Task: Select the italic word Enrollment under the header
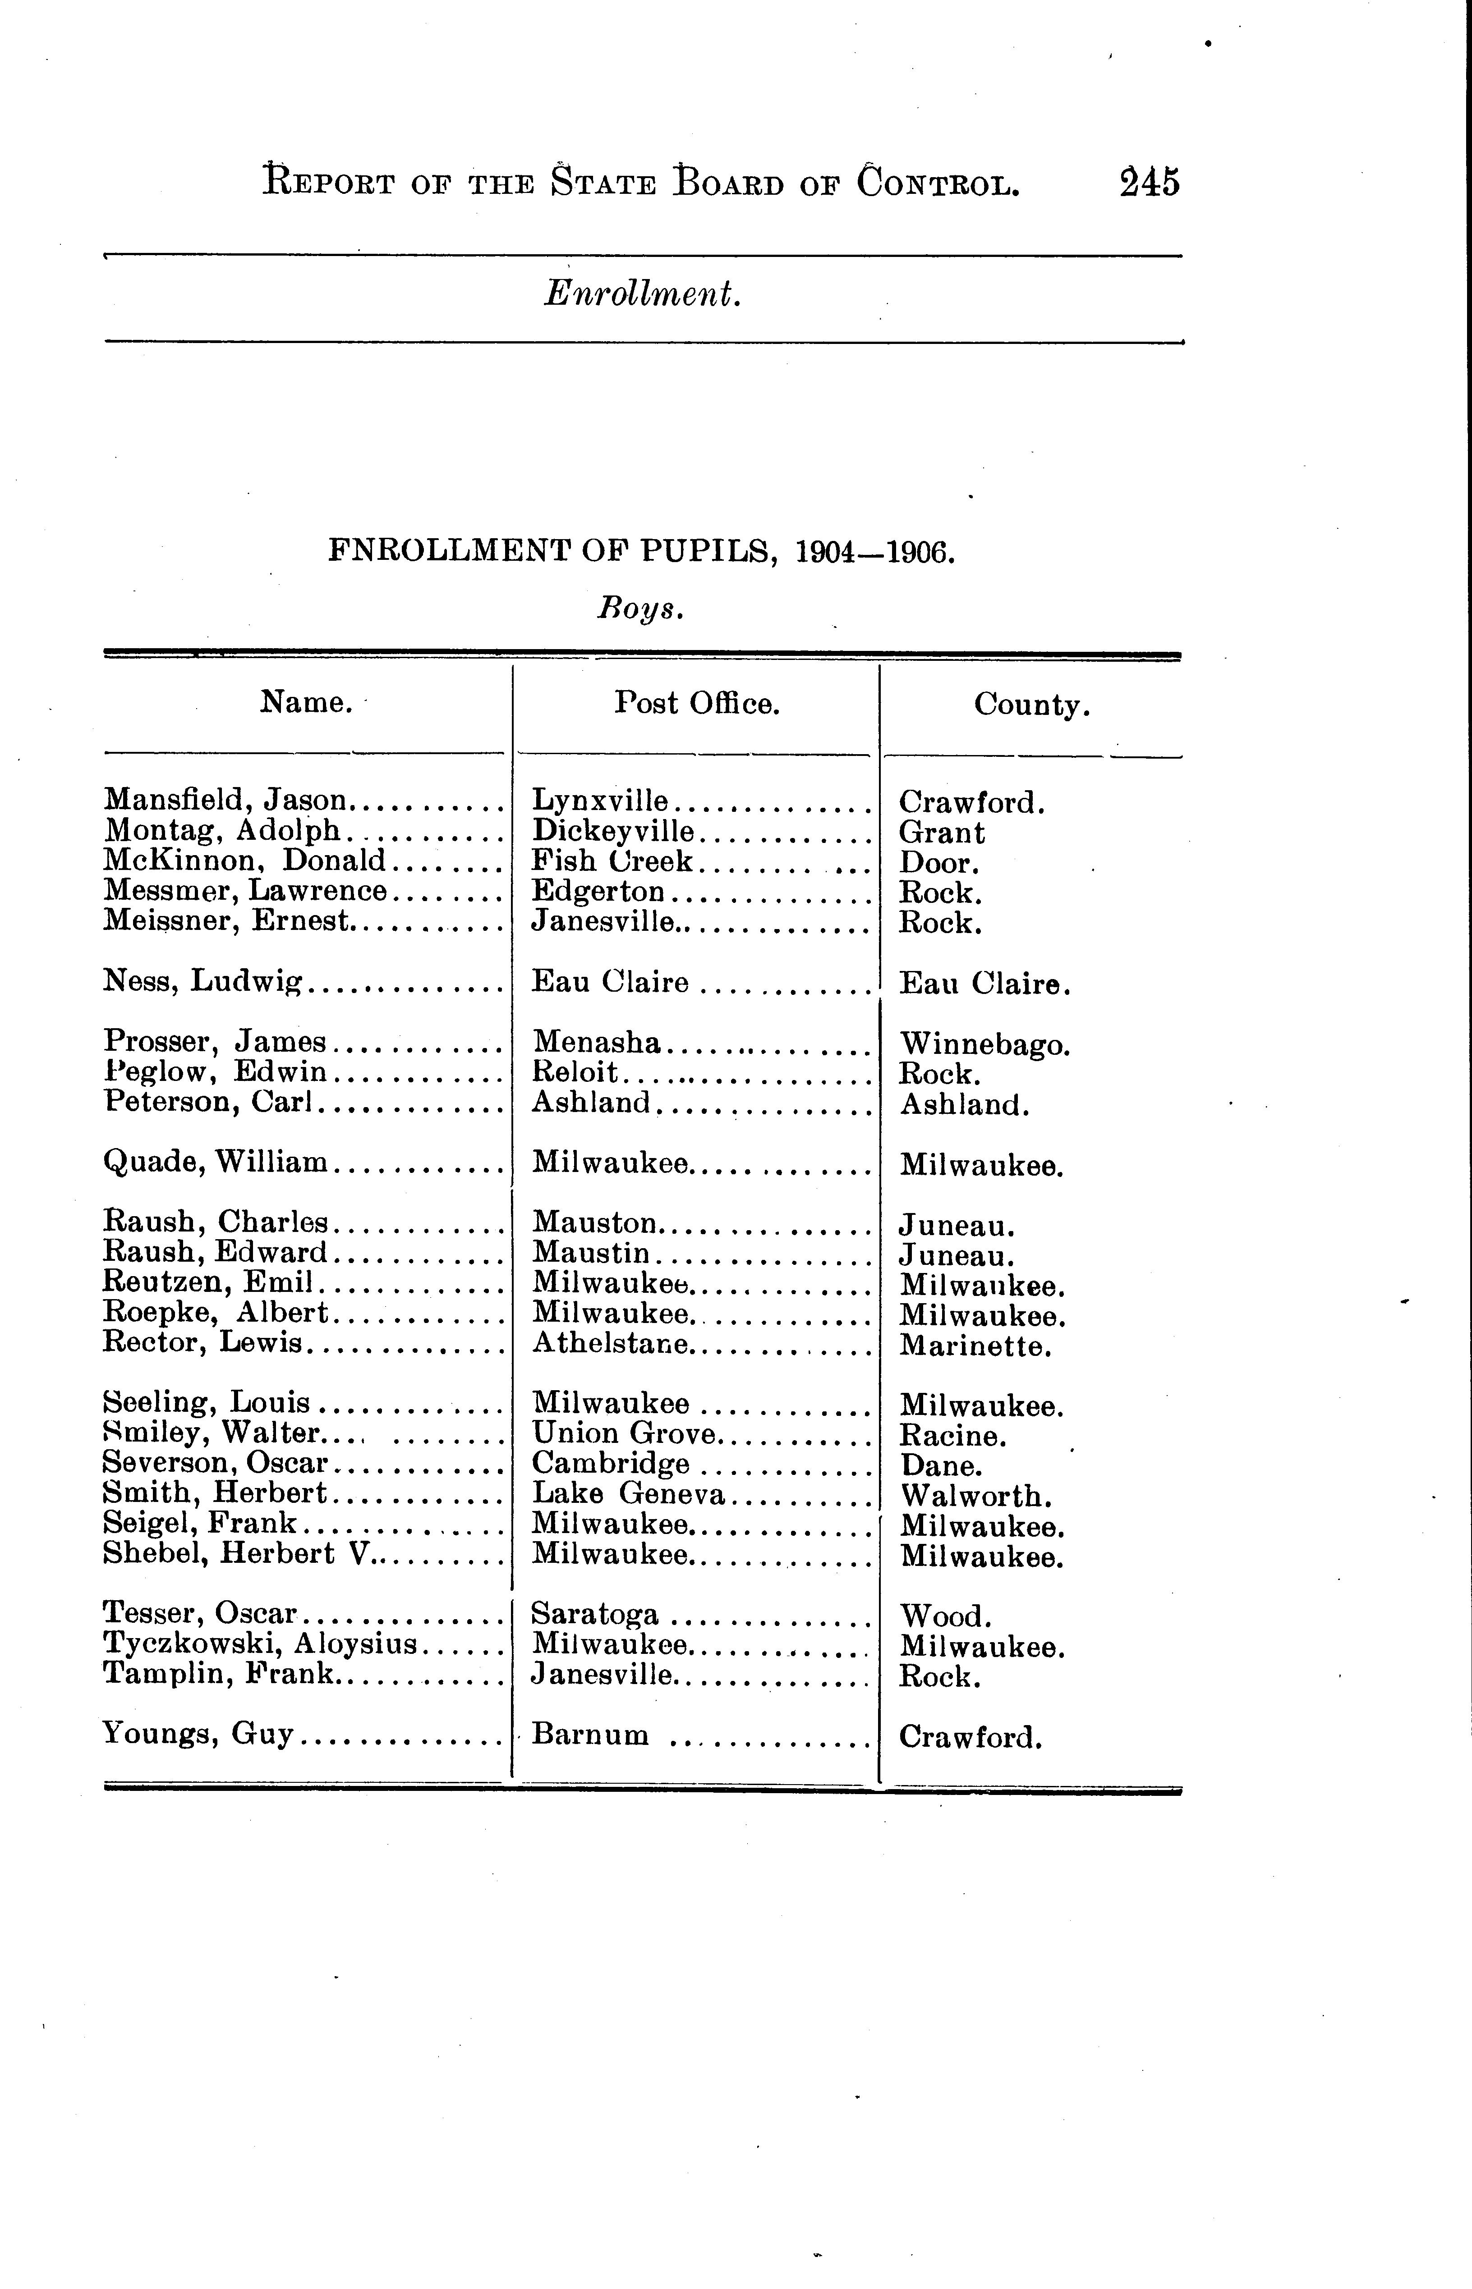(x=642, y=293)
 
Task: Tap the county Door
(x=938, y=863)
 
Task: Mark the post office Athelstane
(x=610, y=1344)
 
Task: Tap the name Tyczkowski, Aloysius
(x=260, y=1644)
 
